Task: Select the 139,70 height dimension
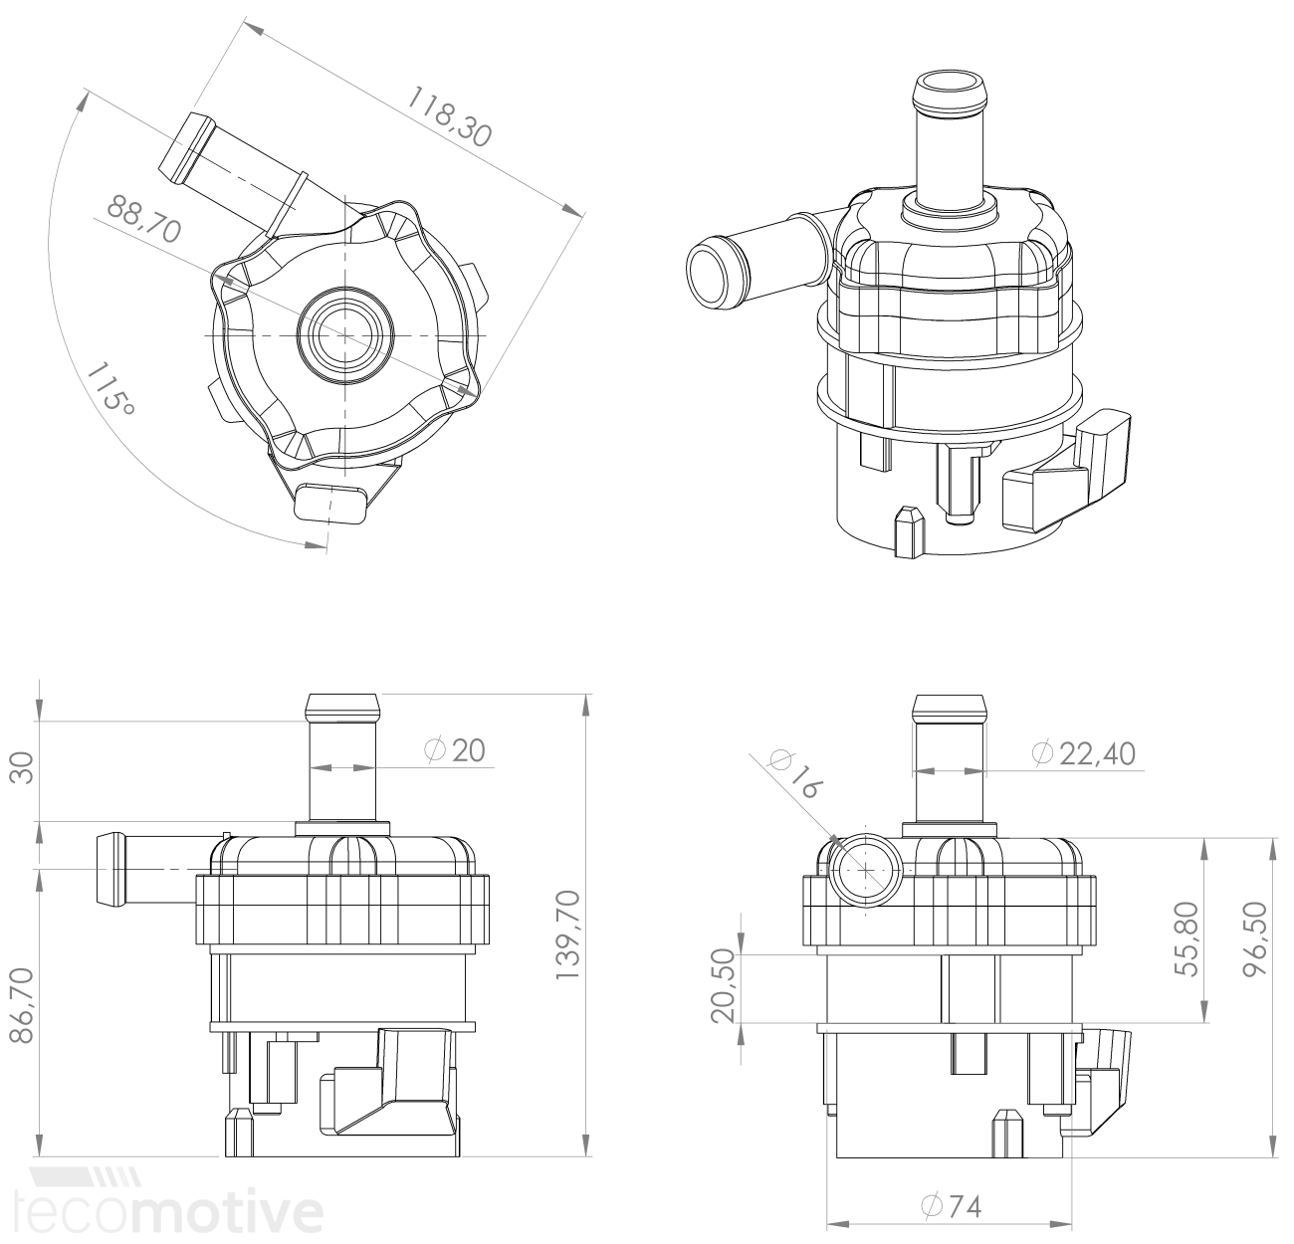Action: [x=568, y=934]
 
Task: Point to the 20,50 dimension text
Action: [x=724, y=986]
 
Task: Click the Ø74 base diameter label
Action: [x=953, y=1207]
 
